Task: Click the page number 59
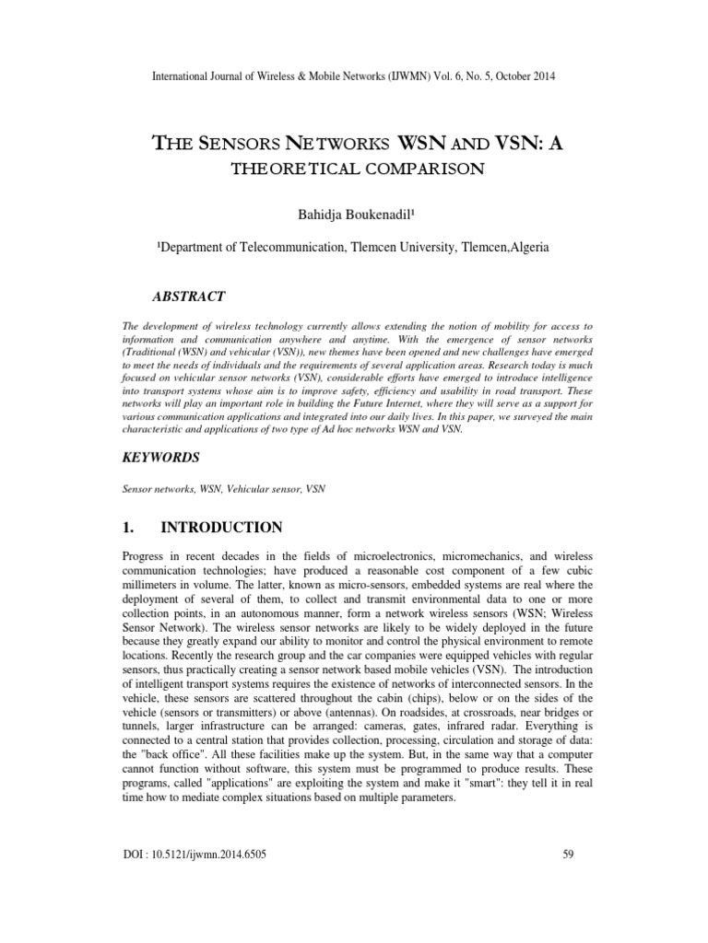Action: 568,856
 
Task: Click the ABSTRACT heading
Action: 188,296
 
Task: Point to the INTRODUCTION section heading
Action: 221,528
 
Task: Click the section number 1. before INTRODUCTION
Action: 130,528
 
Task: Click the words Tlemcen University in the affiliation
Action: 380,250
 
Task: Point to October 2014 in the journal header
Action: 525,76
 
